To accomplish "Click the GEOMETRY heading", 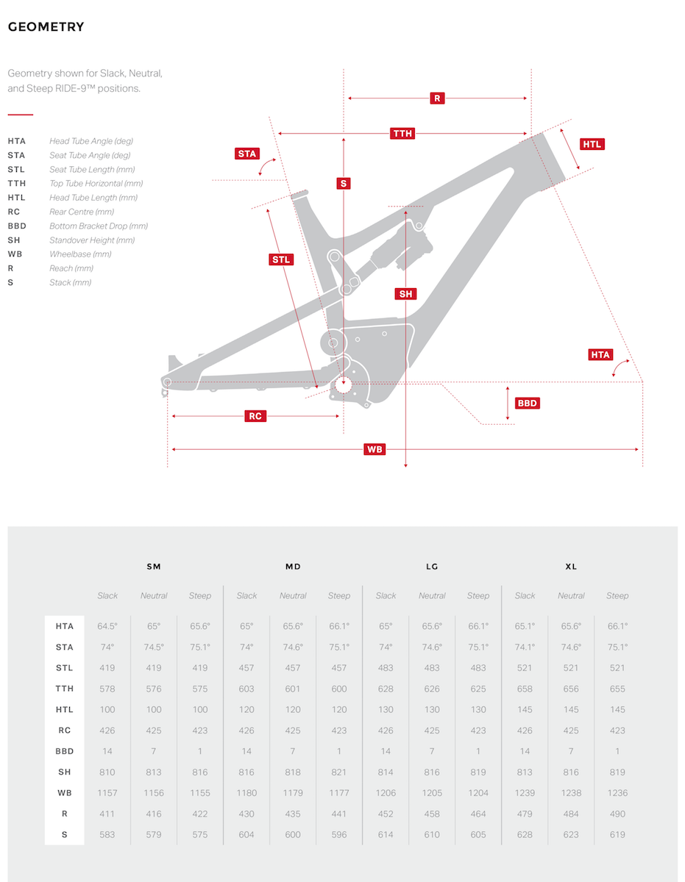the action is [x=46, y=26].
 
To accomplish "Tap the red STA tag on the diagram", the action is [x=247, y=154].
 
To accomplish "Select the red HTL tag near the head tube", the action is [x=592, y=144].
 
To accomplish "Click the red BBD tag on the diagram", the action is [x=528, y=403].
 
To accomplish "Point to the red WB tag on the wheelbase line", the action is [x=375, y=449].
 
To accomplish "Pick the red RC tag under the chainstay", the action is [x=255, y=416].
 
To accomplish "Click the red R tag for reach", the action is [x=437, y=98].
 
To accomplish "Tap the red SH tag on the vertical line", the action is [x=405, y=294].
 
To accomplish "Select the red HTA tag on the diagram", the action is [x=600, y=355].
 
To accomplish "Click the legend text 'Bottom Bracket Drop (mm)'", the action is [x=99, y=226].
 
